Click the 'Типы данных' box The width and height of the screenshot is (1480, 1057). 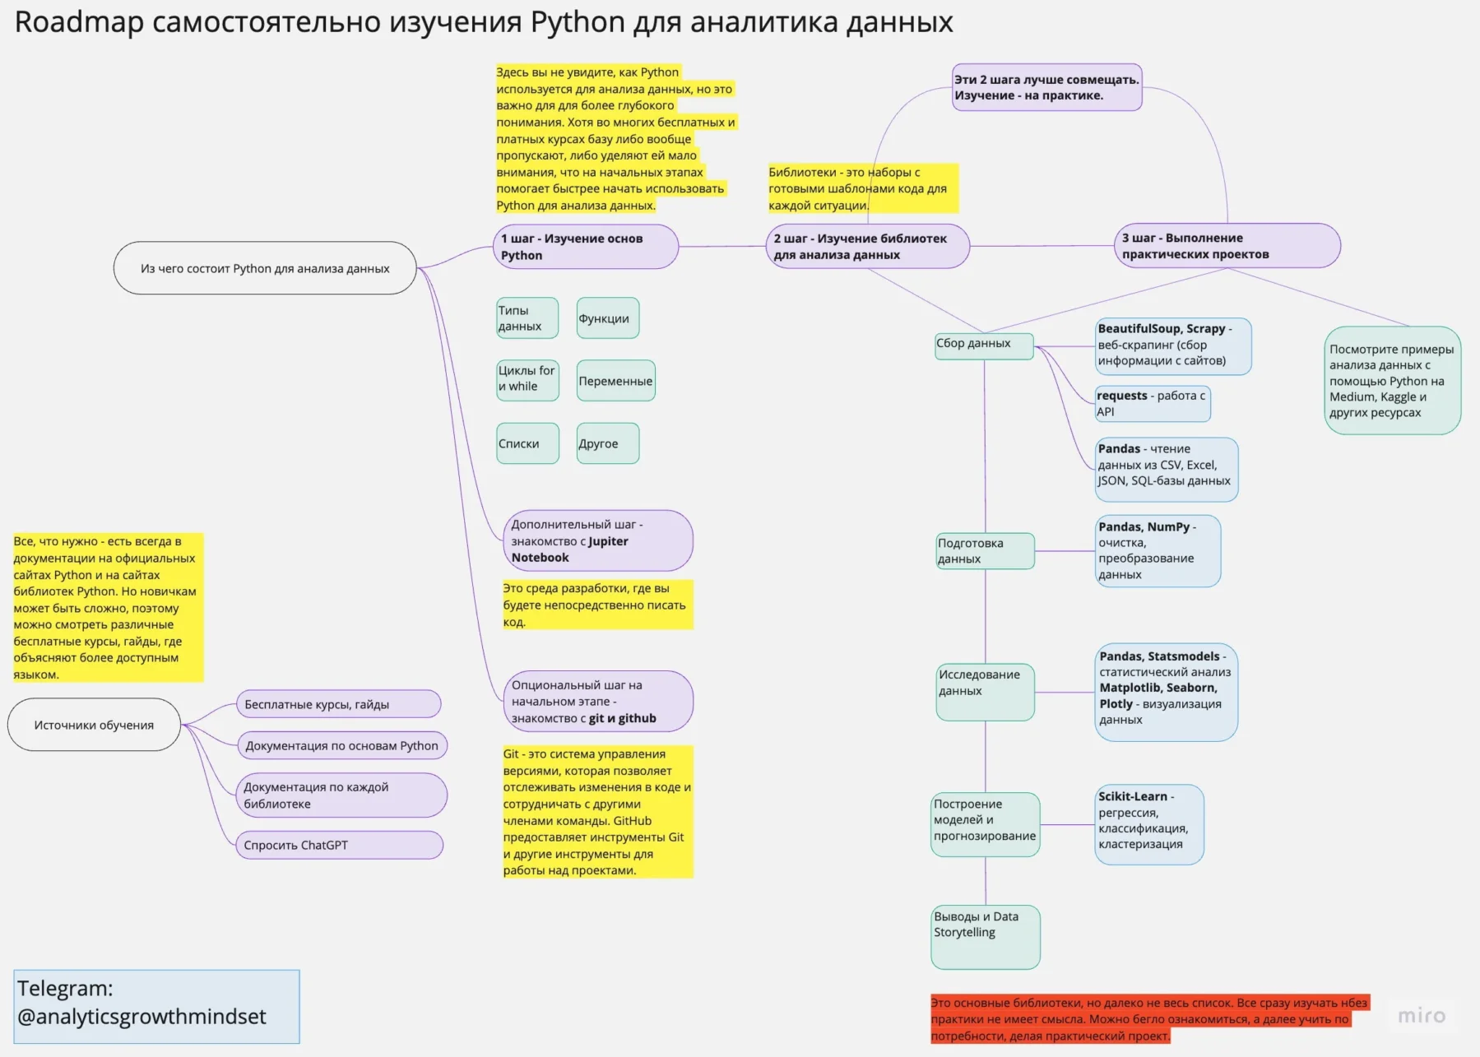tap(527, 318)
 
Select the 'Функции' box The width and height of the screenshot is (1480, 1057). tap(607, 318)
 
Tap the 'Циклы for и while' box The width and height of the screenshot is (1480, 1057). tap(527, 380)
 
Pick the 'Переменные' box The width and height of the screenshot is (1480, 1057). tap(615, 381)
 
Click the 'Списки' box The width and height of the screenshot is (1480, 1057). tap(527, 443)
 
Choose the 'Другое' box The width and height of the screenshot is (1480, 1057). tap(607, 443)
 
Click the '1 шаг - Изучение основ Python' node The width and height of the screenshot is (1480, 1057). tap(586, 247)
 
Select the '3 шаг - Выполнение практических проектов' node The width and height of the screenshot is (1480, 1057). tap(1226, 246)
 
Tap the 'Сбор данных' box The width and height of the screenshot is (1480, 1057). tap(983, 345)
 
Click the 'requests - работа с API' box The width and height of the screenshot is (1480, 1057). tap(1152, 404)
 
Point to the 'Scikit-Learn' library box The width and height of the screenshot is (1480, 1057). tap(1148, 824)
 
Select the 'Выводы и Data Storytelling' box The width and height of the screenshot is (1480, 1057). tap(985, 937)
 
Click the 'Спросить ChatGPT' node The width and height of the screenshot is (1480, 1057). tap(339, 846)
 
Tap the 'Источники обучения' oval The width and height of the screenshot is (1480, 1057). tap(94, 725)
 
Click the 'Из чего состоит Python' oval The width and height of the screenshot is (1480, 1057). tap(265, 268)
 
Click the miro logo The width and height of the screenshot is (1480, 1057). tap(1421, 1016)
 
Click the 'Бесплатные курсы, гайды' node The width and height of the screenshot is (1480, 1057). tap(338, 704)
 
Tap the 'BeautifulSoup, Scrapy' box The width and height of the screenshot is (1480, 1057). tap(1172, 346)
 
